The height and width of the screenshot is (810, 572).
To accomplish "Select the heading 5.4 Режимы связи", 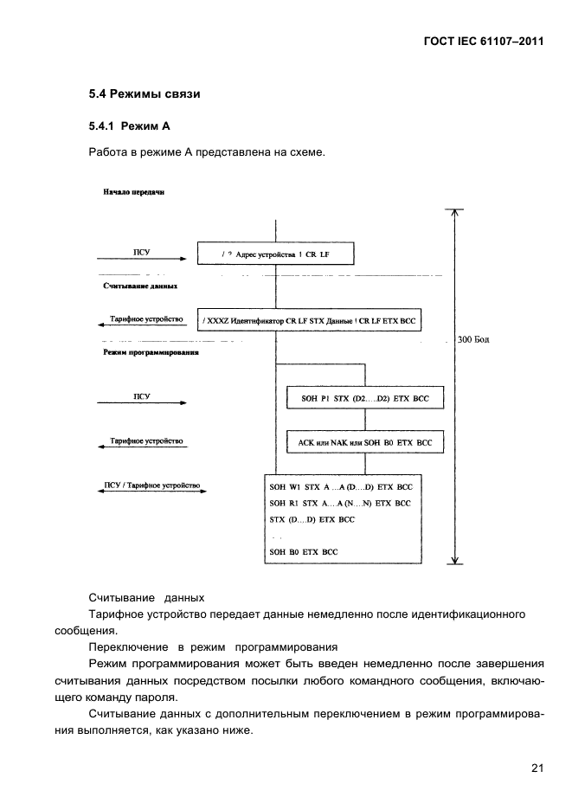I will (x=145, y=93).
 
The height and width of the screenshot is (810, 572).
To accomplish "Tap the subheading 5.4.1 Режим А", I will (x=129, y=126).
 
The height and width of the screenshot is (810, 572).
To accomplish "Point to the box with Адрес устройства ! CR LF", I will (x=277, y=254).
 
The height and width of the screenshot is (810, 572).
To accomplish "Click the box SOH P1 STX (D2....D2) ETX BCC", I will (x=364, y=397).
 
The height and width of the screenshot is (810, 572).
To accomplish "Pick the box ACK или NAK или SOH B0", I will (x=364, y=442).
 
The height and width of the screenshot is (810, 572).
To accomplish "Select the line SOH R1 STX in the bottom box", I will (x=340, y=503).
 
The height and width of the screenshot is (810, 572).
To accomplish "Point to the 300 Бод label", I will (x=473, y=340).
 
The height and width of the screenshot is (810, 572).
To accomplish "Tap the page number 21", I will (x=537, y=765).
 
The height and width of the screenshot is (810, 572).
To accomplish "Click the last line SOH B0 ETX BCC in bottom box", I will (x=304, y=551).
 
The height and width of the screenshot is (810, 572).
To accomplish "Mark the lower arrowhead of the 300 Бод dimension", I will (x=453, y=559).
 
